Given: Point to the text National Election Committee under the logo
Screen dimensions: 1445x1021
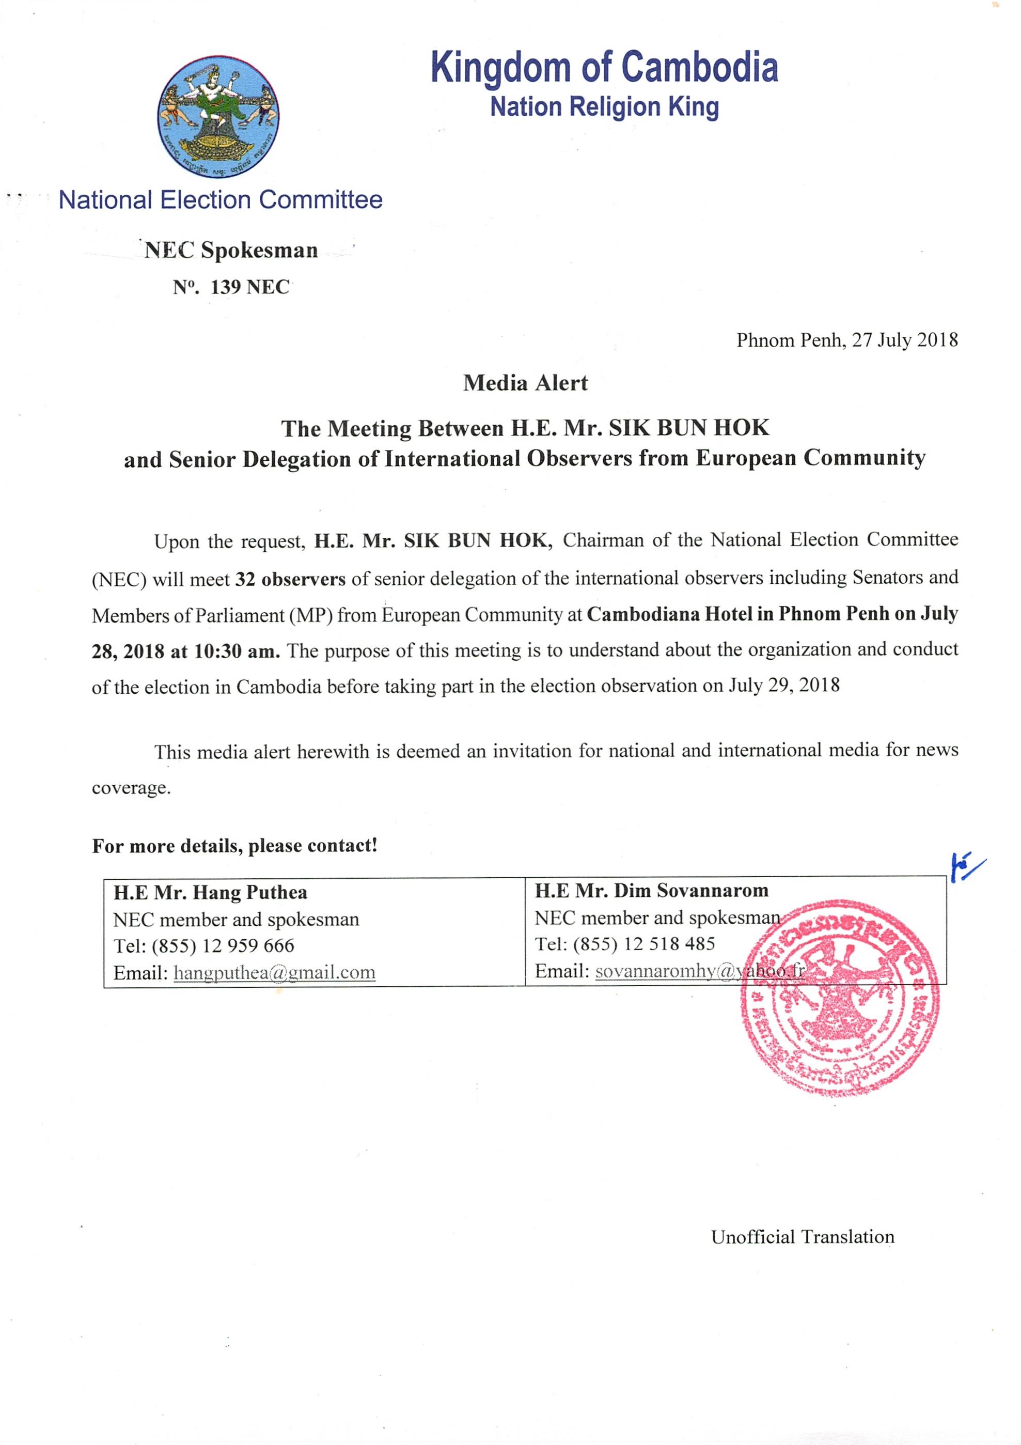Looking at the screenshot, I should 220,200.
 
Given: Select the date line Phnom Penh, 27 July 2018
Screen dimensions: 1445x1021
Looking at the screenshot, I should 847,340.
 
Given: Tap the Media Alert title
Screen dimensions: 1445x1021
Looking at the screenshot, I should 525,383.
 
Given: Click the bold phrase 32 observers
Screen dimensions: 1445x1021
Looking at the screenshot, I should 290,579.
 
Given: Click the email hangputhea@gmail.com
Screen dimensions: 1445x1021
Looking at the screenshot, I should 274,972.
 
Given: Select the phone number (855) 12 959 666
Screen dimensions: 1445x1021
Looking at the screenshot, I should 223,945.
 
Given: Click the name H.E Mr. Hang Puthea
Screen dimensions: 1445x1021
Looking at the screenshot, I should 210,892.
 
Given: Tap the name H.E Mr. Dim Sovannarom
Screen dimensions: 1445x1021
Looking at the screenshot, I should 651,891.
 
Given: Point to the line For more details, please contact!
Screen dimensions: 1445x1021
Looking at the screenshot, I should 234,845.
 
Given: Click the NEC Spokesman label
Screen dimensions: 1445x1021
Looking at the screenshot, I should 231,251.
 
